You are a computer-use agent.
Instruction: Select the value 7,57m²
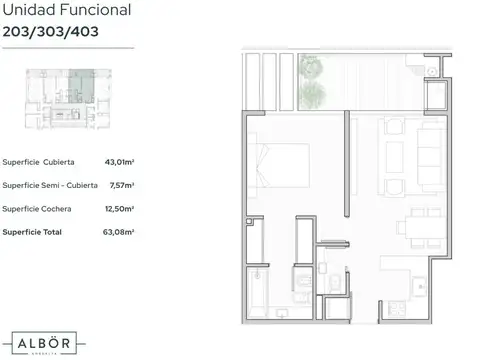click(122, 184)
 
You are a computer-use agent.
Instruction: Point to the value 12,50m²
click(120, 208)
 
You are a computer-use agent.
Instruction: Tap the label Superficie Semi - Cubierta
click(50, 184)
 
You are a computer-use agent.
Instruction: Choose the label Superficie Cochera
click(34, 208)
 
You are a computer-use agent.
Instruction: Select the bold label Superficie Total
click(31, 232)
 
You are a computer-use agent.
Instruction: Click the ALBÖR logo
click(40, 337)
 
